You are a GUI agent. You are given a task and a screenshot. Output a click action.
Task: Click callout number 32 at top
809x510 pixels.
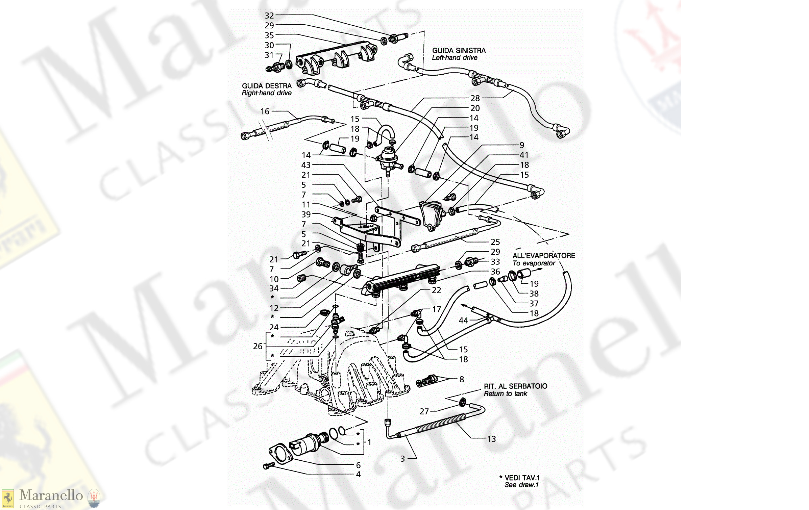[269, 16]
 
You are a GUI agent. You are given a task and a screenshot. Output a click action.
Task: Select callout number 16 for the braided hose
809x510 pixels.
[265, 111]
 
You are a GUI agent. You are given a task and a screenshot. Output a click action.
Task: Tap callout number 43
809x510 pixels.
[306, 165]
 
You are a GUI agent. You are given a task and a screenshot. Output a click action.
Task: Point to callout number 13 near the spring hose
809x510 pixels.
[491, 439]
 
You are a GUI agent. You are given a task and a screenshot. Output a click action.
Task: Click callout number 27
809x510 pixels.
[424, 411]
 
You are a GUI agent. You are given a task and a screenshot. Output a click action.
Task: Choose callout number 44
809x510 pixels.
[463, 321]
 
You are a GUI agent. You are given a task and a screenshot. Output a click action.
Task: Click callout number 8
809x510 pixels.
[462, 379]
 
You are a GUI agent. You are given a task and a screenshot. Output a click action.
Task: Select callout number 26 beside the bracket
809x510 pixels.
[258, 346]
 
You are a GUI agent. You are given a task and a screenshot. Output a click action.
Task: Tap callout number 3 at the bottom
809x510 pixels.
[402, 459]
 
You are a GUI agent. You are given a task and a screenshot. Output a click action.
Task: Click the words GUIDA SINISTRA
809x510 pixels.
[459, 50]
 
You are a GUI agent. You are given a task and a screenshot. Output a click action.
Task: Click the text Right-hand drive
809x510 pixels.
[266, 93]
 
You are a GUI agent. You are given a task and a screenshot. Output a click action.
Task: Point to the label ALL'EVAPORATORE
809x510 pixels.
[543, 256]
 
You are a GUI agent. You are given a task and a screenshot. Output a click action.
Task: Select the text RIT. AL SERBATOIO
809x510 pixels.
[515, 386]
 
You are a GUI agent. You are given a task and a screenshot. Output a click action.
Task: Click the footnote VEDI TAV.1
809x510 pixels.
[521, 478]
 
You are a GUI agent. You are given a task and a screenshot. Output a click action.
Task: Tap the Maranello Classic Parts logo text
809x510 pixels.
[51, 496]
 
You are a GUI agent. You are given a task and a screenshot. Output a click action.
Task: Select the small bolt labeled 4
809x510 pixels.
[269, 466]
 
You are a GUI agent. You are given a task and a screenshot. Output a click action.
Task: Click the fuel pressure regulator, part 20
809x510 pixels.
[389, 157]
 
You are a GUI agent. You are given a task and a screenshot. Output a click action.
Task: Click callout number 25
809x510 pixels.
[495, 242]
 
